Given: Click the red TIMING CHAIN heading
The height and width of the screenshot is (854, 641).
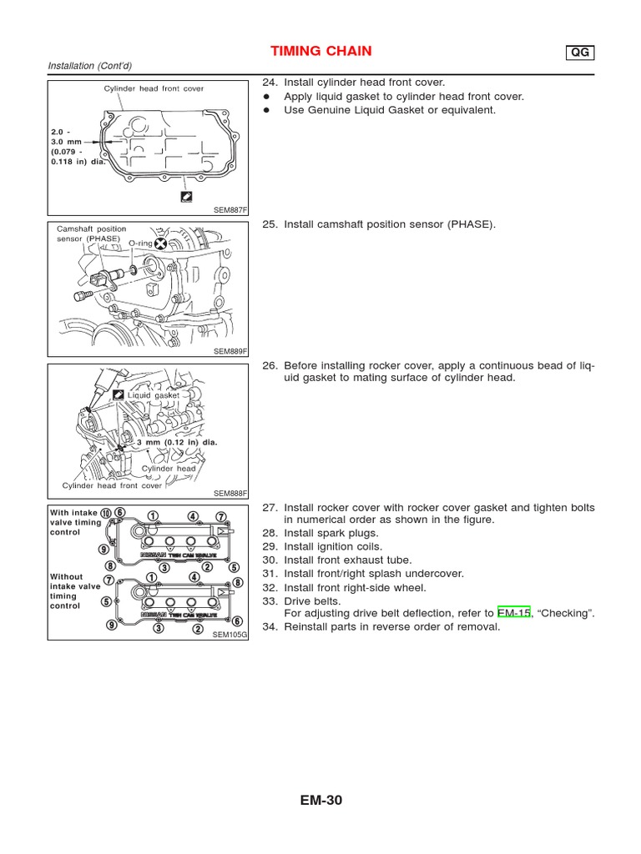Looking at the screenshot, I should tap(320, 52).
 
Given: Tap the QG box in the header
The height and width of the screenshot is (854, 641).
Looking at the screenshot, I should tap(579, 53).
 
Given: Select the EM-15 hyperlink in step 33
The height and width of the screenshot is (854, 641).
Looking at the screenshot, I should tap(513, 614).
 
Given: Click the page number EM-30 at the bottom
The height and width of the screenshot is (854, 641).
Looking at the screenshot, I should tap(320, 801).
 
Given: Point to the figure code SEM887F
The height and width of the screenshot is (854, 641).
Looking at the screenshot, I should tap(231, 209).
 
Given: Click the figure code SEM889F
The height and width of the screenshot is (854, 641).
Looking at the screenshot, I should tap(231, 352).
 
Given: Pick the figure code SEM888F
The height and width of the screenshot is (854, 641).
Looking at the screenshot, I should tap(231, 494).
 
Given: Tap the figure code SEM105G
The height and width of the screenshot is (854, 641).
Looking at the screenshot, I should tap(231, 635).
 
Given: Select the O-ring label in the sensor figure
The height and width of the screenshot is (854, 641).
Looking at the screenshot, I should tap(140, 244).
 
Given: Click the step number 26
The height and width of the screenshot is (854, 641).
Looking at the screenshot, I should tap(269, 365).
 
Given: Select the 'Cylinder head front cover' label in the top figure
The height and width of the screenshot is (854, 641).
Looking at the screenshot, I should tap(154, 88).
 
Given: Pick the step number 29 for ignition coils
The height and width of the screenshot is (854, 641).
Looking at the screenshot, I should tap(269, 546).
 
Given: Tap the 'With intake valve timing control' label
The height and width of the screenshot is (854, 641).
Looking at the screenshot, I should tap(76, 522).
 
